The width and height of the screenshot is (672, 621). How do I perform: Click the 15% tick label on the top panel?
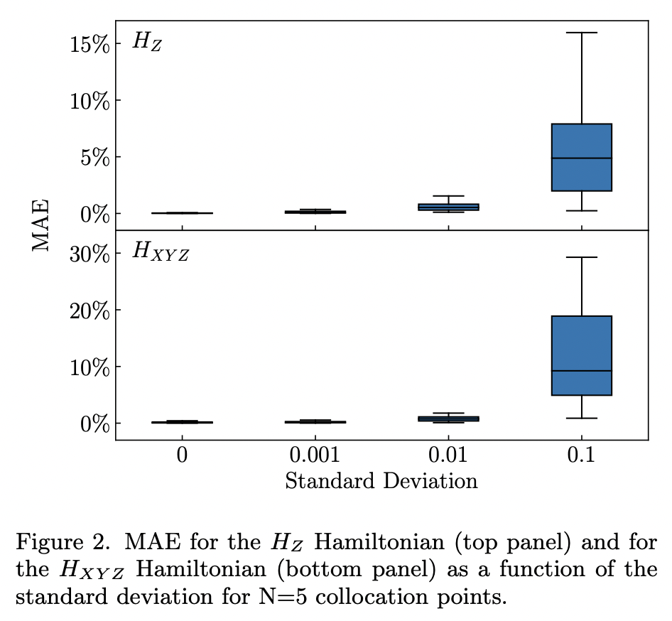point(90,44)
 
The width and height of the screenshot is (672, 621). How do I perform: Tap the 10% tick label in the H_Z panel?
point(90,100)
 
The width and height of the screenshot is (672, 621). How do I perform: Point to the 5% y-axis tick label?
point(95,157)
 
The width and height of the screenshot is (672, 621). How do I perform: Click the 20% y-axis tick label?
point(90,310)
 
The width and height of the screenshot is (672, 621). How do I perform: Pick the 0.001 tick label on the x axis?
point(315,455)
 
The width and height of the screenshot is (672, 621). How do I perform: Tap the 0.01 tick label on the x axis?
point(448,455)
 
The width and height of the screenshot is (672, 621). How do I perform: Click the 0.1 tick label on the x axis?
point(582,455)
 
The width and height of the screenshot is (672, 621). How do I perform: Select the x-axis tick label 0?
point(183,455)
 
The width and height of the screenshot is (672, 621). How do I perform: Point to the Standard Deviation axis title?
point(381,481)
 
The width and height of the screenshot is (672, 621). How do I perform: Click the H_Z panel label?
point(147,41)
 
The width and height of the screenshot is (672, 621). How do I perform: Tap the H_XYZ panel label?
point(161,252)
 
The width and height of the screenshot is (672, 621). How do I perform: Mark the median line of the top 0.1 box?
point(582,158)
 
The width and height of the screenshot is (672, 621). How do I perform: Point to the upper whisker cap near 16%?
point(582,33)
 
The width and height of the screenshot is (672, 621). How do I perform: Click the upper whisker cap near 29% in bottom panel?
point(582,257)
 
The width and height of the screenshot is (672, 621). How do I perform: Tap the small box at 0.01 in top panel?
point(448,207)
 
